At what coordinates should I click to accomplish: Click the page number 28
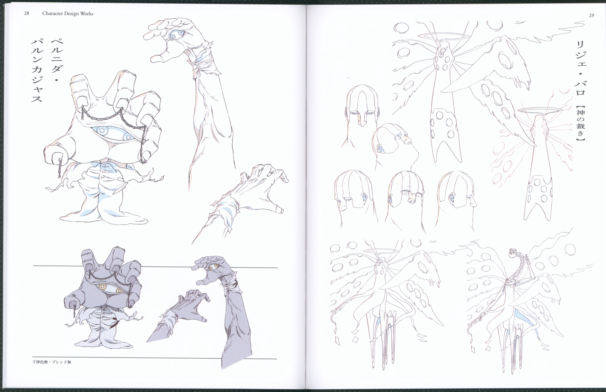pos(27,14)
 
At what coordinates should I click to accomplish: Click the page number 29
pos(592,16)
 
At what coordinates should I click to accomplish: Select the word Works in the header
pos(87,14)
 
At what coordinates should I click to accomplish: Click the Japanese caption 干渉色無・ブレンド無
pos(52,362)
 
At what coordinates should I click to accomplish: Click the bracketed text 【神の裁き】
pos(580,123)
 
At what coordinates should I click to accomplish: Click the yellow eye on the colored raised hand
pos(213,267)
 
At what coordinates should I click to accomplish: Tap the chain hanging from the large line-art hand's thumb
pos(59,168)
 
